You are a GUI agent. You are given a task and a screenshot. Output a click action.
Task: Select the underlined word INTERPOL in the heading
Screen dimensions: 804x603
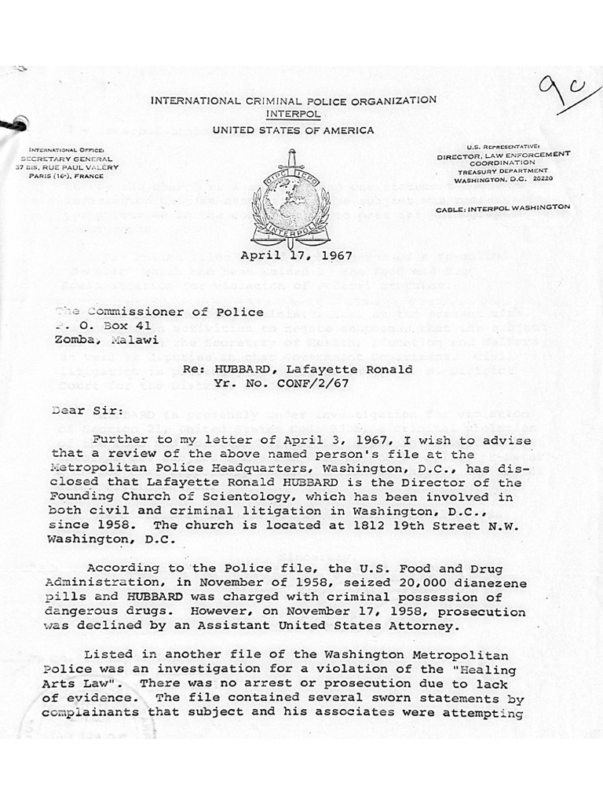coord(293,113)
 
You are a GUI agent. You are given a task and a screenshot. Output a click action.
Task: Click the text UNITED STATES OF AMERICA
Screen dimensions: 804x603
coord(293,130)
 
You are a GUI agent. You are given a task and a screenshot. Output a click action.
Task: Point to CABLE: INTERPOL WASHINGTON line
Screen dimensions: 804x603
coord(514,206)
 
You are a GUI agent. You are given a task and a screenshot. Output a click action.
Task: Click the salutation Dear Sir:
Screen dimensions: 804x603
coord(79,409)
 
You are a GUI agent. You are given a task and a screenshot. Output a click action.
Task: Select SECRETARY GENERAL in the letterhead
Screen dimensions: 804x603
coord(63,158)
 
